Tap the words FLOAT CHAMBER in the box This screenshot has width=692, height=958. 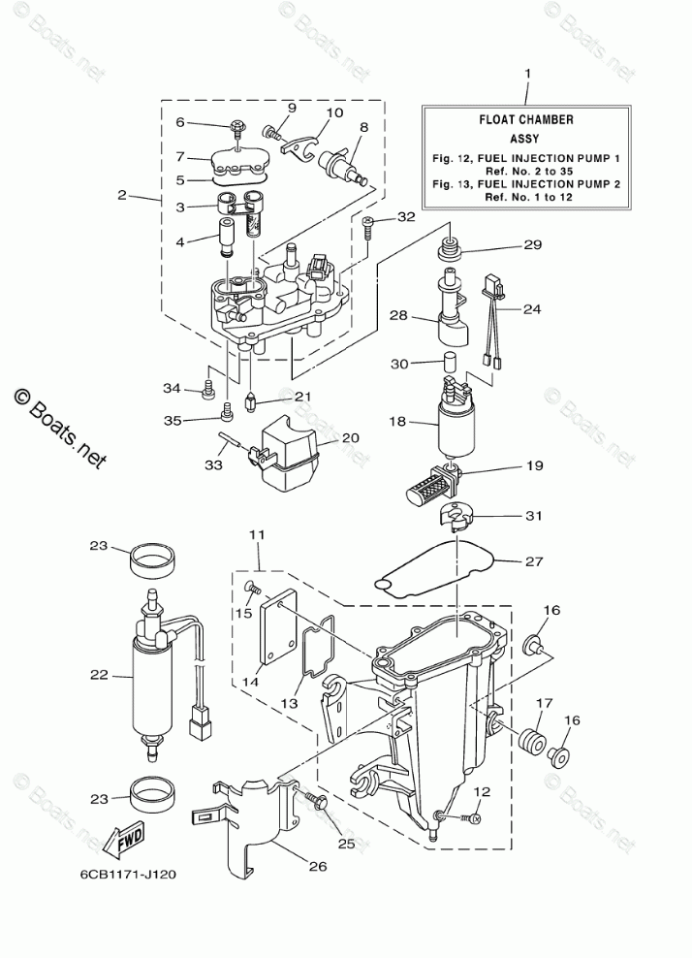coord(526,120)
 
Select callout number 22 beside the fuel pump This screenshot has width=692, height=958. coord(99,675)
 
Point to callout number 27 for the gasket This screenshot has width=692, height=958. coord(534,560)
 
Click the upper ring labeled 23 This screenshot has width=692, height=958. coord(150,558)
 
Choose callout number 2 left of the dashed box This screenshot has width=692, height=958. coord(122,195)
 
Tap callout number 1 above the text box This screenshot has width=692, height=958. coord(527,74)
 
